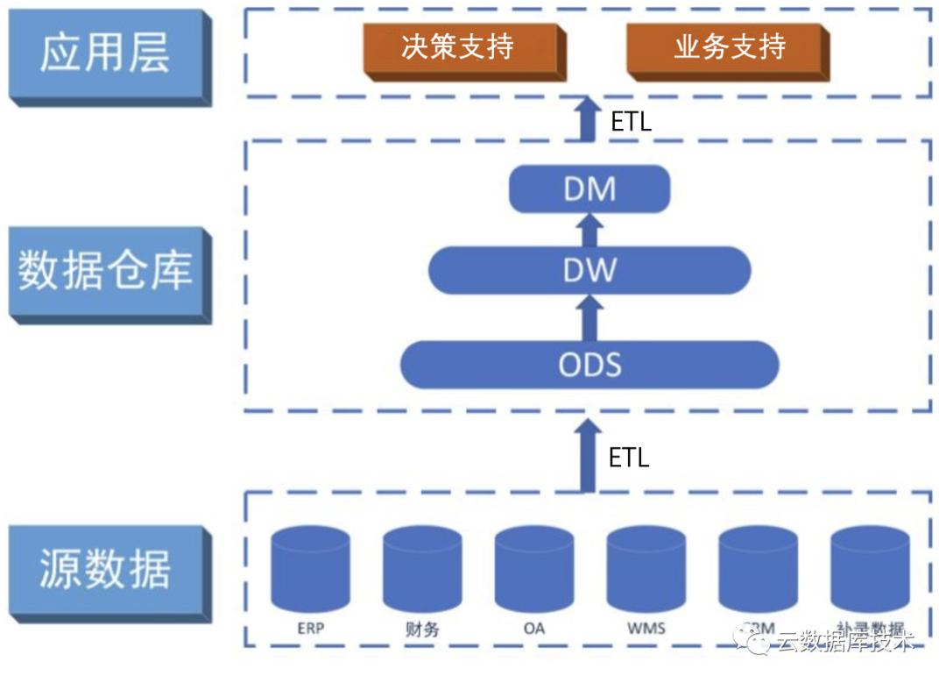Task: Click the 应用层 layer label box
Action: pos(105,53)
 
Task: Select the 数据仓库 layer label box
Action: pos(105,272)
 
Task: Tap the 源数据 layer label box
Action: pos(105,570)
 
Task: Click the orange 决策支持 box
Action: pos(458,48)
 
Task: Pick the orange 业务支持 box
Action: pos(729,48)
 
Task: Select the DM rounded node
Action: pos(589,189)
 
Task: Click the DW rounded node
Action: pos(589,270)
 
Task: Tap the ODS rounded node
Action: pos(589,364)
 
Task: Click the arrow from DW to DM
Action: pos(590,230)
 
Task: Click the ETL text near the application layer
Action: pos(632,122)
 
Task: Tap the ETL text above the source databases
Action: pos(629,457)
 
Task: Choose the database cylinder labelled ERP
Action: pos(310,568)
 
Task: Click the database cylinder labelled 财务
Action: pos(422,568)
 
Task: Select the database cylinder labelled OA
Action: pos(534,568)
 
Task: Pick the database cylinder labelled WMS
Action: pos(646,568)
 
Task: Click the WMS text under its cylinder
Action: pos(646,629)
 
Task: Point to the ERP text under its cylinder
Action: pos(310,629)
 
